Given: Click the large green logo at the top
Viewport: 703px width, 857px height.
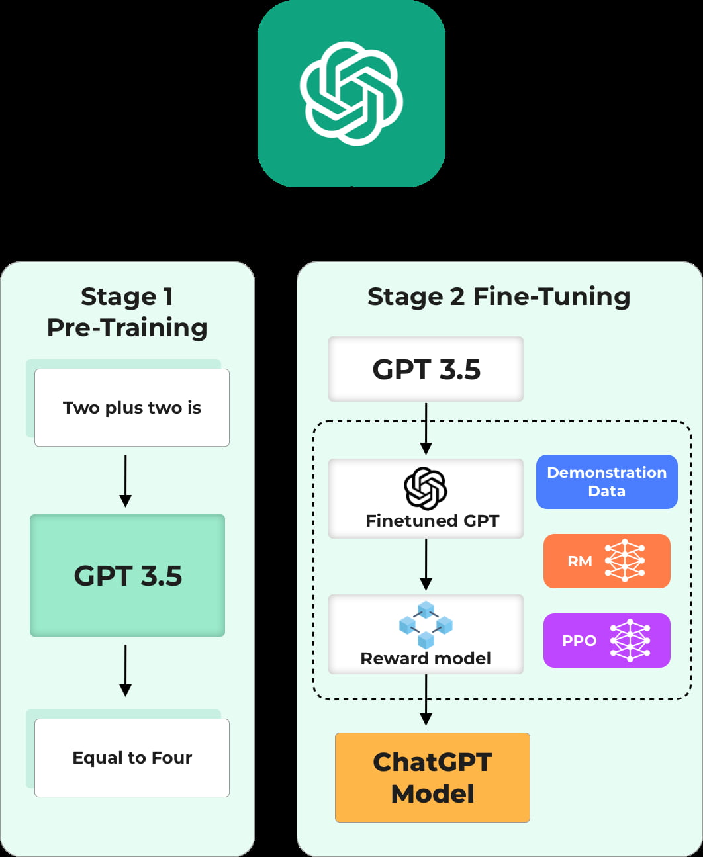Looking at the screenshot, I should point(351,93).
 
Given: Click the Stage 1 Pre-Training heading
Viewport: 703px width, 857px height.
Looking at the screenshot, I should point(127,312).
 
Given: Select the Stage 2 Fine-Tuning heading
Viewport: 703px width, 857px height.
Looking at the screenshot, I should point(498,296).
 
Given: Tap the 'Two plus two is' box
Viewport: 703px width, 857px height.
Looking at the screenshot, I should point(132,408).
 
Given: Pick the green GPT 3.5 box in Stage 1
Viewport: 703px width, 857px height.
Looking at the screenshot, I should point(128,575).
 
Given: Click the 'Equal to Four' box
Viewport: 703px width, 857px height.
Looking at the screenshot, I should point(132,758).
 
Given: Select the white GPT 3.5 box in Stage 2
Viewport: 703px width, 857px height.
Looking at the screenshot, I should point(426,369).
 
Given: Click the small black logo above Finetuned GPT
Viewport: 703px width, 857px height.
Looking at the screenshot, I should point(426,487).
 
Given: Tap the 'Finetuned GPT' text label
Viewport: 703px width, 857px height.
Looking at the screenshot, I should point(432,521).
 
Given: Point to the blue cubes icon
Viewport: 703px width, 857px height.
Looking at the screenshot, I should point(426,624).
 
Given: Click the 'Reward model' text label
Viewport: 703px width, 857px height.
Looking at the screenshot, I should point(426,658).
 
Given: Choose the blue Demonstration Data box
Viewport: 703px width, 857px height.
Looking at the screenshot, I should point(606,482).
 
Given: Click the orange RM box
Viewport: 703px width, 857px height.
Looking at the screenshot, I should point(606,561).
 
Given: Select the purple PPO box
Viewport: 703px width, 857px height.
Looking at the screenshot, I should point(606,641).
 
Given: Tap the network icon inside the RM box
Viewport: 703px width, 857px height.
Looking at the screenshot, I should point(625,561).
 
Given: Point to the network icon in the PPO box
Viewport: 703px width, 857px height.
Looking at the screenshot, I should point(630,641).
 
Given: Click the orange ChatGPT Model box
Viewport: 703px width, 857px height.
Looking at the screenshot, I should point(432,778).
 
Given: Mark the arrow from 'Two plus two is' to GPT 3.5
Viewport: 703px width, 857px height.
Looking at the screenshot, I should point(125,480).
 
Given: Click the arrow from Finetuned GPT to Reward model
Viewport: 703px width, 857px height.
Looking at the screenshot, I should point(426,564).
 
